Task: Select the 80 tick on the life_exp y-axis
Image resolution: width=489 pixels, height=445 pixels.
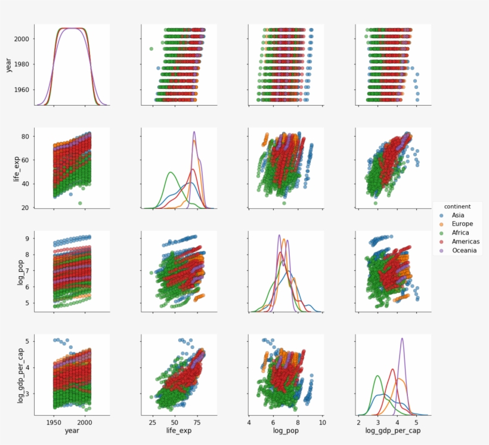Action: point(26,137)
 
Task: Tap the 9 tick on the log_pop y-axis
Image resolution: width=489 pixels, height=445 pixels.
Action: point(27,239)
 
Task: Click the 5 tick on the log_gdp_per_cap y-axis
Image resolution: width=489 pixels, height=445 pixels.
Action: point(27,341)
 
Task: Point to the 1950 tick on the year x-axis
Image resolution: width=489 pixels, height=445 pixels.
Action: point(54,422)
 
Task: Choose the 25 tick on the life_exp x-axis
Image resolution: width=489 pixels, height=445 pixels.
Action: point(152,422)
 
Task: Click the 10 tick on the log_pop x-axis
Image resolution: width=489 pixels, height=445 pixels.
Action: point(322,422)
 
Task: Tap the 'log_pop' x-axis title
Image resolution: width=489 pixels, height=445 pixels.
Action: point(285,431)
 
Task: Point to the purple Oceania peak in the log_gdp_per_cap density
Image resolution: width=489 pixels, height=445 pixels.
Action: point(401,339)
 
